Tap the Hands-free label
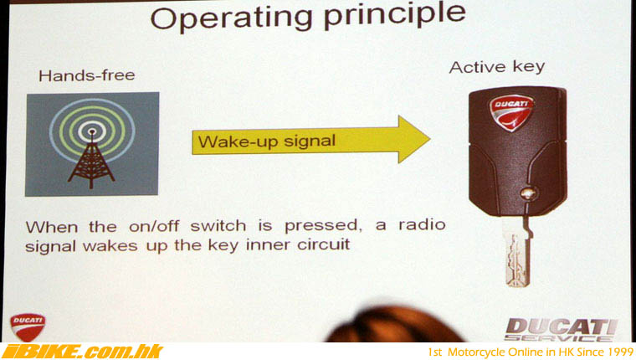coord(87,75)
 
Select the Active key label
coord(497,67)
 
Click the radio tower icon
coord(92,145)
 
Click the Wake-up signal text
coord(267,141)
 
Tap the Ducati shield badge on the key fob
coord(511,112)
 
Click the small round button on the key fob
coord(528,193)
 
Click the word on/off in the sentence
coord(154,226)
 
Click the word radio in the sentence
coord(423,224)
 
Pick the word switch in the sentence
coord(218,226)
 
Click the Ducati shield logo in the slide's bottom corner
coord(28,327)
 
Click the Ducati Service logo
coord(562,330)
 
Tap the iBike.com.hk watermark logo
coord(82,352)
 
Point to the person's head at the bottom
coord(393,325)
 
